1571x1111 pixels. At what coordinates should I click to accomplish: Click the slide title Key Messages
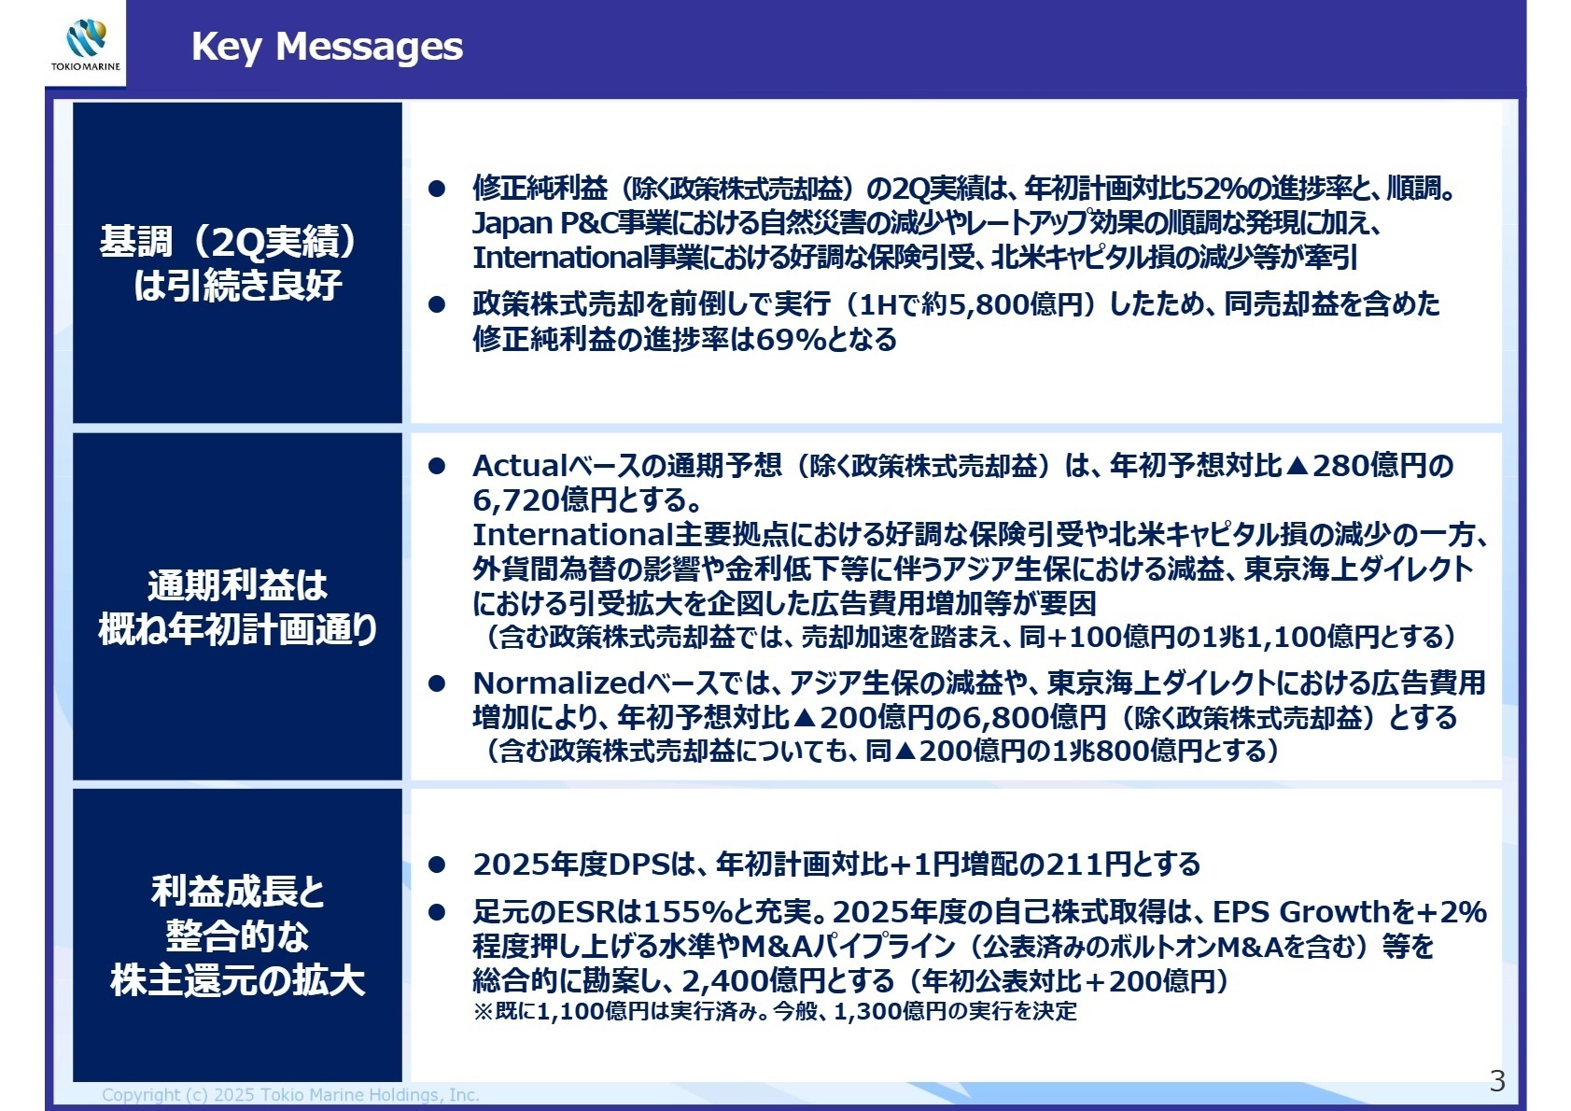pos(327,46)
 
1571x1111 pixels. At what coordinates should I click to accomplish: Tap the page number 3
pos(1497,1080)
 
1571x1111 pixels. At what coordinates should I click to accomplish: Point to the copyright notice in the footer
pos(290,1095)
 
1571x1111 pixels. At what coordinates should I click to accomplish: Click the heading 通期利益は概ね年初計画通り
pos(237,607)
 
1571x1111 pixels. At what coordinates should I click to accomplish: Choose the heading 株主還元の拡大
pos(237,980)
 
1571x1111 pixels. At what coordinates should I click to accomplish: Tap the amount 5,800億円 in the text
pos(1014,304)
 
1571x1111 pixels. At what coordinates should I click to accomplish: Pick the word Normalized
pos(558,682)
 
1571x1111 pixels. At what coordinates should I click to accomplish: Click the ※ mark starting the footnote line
pos(483,1011)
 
